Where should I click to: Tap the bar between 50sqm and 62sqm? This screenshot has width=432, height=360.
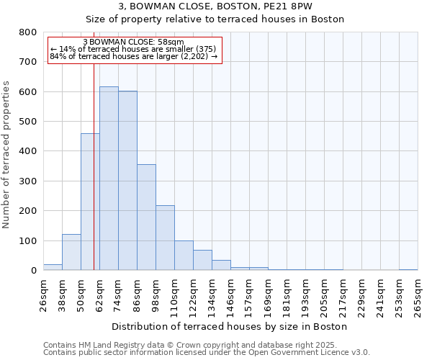tap(90, 202)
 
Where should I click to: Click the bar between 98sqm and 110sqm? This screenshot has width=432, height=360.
tap(165, 238)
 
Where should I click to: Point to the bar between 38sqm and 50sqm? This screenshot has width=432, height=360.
tap(71, 252)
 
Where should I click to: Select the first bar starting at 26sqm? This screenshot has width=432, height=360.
tap(53, 267)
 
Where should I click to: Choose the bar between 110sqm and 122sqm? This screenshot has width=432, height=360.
tap(184, 256)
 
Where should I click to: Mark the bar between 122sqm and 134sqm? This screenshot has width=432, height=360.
tap(202, 260)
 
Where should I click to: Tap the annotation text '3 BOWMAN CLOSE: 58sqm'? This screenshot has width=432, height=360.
tap(134, 42)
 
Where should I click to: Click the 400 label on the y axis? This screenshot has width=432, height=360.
tap(28, 151)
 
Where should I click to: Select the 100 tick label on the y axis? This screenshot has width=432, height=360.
tap(28, 240)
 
